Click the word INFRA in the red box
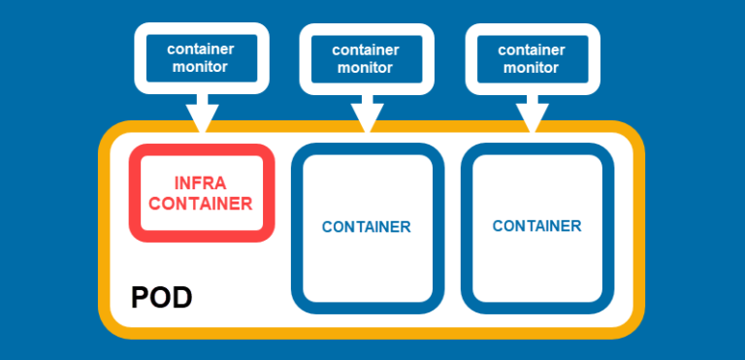click(x=202, y=183)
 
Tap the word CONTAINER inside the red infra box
click(x=201, y=204)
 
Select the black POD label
click(x=161, y=298)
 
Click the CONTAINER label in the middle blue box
click(x=367, y=227)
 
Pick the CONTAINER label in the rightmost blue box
click(x=536, y=226)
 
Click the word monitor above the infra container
click(x=200, y=67)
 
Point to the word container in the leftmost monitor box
click(x=200, y=49)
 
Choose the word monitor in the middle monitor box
click(x=366, y=68)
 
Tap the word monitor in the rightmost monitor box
click(x=532, y=68)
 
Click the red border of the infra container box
click(x=134, y=194)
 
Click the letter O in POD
click(x=160, y=298)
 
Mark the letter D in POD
click(x=181, y=298)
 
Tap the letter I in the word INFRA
click(x=177, y=183)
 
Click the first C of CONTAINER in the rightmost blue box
click(x=498, y=226)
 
